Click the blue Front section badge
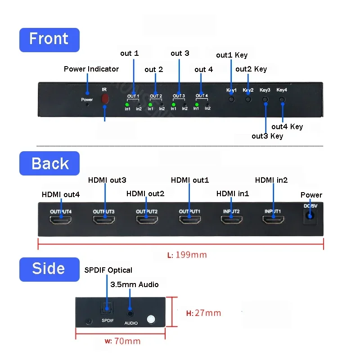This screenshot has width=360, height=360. [x=49, y=40]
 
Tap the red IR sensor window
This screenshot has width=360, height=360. [x=105, y=99]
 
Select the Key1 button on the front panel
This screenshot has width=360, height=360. [x=231, y=99]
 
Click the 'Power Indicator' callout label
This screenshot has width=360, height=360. [x=91, y=69]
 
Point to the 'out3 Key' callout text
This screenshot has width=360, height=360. [x=267, y=136]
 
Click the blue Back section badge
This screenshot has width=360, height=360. [x=49, y=163]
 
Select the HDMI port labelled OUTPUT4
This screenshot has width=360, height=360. [x=61, y=220]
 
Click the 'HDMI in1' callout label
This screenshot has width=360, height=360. [x=233, y=193]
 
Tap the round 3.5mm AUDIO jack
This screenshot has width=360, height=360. [x=130, y=313]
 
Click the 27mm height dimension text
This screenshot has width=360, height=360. [x=203, y=313]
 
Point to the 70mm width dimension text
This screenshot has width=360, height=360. [x=122, y=341]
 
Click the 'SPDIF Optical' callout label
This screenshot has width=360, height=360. [x=108, y=270]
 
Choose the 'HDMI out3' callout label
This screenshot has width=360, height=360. [x=107, y=180]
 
